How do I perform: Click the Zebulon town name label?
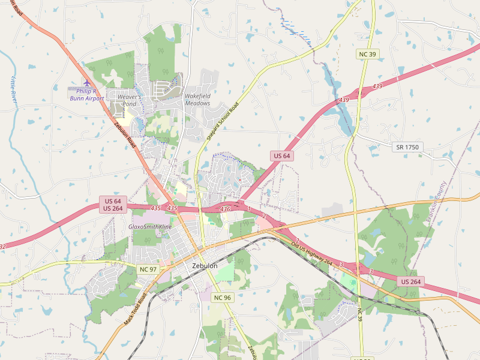(x=205, y=265)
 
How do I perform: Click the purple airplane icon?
(x=87, y=83)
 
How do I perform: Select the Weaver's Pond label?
(x=129, y=100)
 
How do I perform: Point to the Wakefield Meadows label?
(x=197, y=100)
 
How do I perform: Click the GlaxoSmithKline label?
(x=150, y=227)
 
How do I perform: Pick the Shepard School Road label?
(x=223, y=121)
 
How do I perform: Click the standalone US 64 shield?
(x=281, y=156)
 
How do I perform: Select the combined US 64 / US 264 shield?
(x=113, y=205)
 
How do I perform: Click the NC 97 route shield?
(x=147, y=269)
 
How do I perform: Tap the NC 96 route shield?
(x=222, y=298)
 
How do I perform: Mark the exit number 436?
(x=225, y=209)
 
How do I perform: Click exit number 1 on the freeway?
(x=248, y=209)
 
